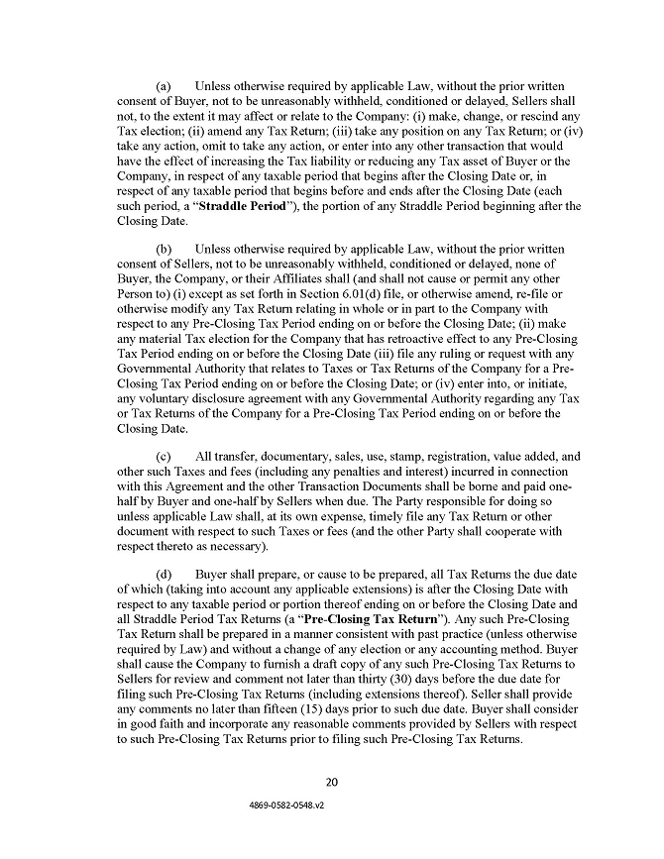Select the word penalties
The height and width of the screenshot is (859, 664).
click(x=329, y=472)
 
